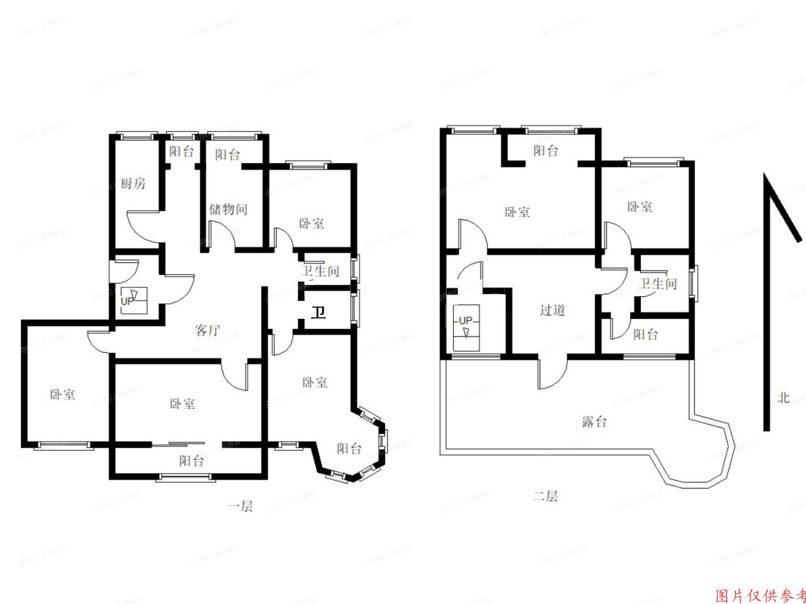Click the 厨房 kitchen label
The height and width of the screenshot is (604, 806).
(x=133, y=183)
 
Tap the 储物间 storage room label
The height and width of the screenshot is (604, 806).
(x=228, y=209)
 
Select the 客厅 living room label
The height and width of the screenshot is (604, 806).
(x=208, y=330)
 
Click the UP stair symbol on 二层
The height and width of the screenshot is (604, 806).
(x=466, y=325)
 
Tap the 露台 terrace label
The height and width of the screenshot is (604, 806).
(x=594, y=421)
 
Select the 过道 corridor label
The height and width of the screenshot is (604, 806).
(x=552, y=309)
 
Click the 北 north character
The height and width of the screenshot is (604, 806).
(x=783, y=397)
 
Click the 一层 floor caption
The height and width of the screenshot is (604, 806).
(x=240, y=506)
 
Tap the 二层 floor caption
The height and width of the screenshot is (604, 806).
(x=545, y=496)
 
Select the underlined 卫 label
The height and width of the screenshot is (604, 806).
(x=318, y=312)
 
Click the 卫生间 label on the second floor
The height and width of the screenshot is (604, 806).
(x=658, y=284)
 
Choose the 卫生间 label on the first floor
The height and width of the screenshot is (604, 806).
(x=321, y=271)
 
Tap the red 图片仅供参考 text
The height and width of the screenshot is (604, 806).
(x=760, y=595)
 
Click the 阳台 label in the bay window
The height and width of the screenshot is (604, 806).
(x=349, y=448)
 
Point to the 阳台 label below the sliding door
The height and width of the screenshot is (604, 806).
(x=191, y=461)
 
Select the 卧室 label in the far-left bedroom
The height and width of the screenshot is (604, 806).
(x=62, y=394)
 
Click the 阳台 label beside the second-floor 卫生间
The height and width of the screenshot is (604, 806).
(x=645, y=334)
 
